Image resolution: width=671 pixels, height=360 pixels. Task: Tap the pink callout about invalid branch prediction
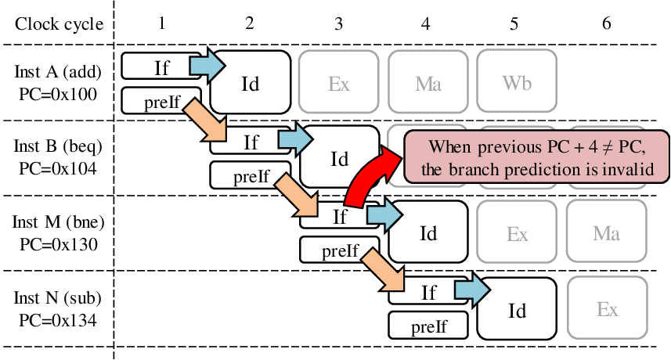[x=536, y=157]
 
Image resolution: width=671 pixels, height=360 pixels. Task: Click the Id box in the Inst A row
[x=251, y=83]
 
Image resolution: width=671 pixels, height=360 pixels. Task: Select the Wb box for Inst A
[x=517, y=81]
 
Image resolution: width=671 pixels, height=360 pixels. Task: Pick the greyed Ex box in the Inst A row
[x=338, y=81]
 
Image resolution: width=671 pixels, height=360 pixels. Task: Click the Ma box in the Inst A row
[x=428, y=81]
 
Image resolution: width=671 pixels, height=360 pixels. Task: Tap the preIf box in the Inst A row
[x=161, y=101]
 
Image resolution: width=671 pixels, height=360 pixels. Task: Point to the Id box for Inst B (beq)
[x=339, y=157]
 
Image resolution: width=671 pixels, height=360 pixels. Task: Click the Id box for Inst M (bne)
[x=428, y=232]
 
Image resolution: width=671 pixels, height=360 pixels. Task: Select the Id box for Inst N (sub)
[x=517, y=308]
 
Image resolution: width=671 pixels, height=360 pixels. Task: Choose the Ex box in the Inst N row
[x=608, y=308]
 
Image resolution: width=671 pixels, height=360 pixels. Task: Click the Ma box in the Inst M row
[x=606, y=232]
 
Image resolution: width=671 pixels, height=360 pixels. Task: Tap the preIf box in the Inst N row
[x=428, y=326]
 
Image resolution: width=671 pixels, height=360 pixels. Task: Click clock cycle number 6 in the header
[x=606, y=23]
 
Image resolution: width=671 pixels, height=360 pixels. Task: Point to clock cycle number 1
[x=161, y=23]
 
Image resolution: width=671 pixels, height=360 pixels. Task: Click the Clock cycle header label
[x=59, y=24]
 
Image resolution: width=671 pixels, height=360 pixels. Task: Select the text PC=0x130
[x=59, y=244]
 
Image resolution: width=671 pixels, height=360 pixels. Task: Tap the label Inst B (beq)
[x=58, y=146]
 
